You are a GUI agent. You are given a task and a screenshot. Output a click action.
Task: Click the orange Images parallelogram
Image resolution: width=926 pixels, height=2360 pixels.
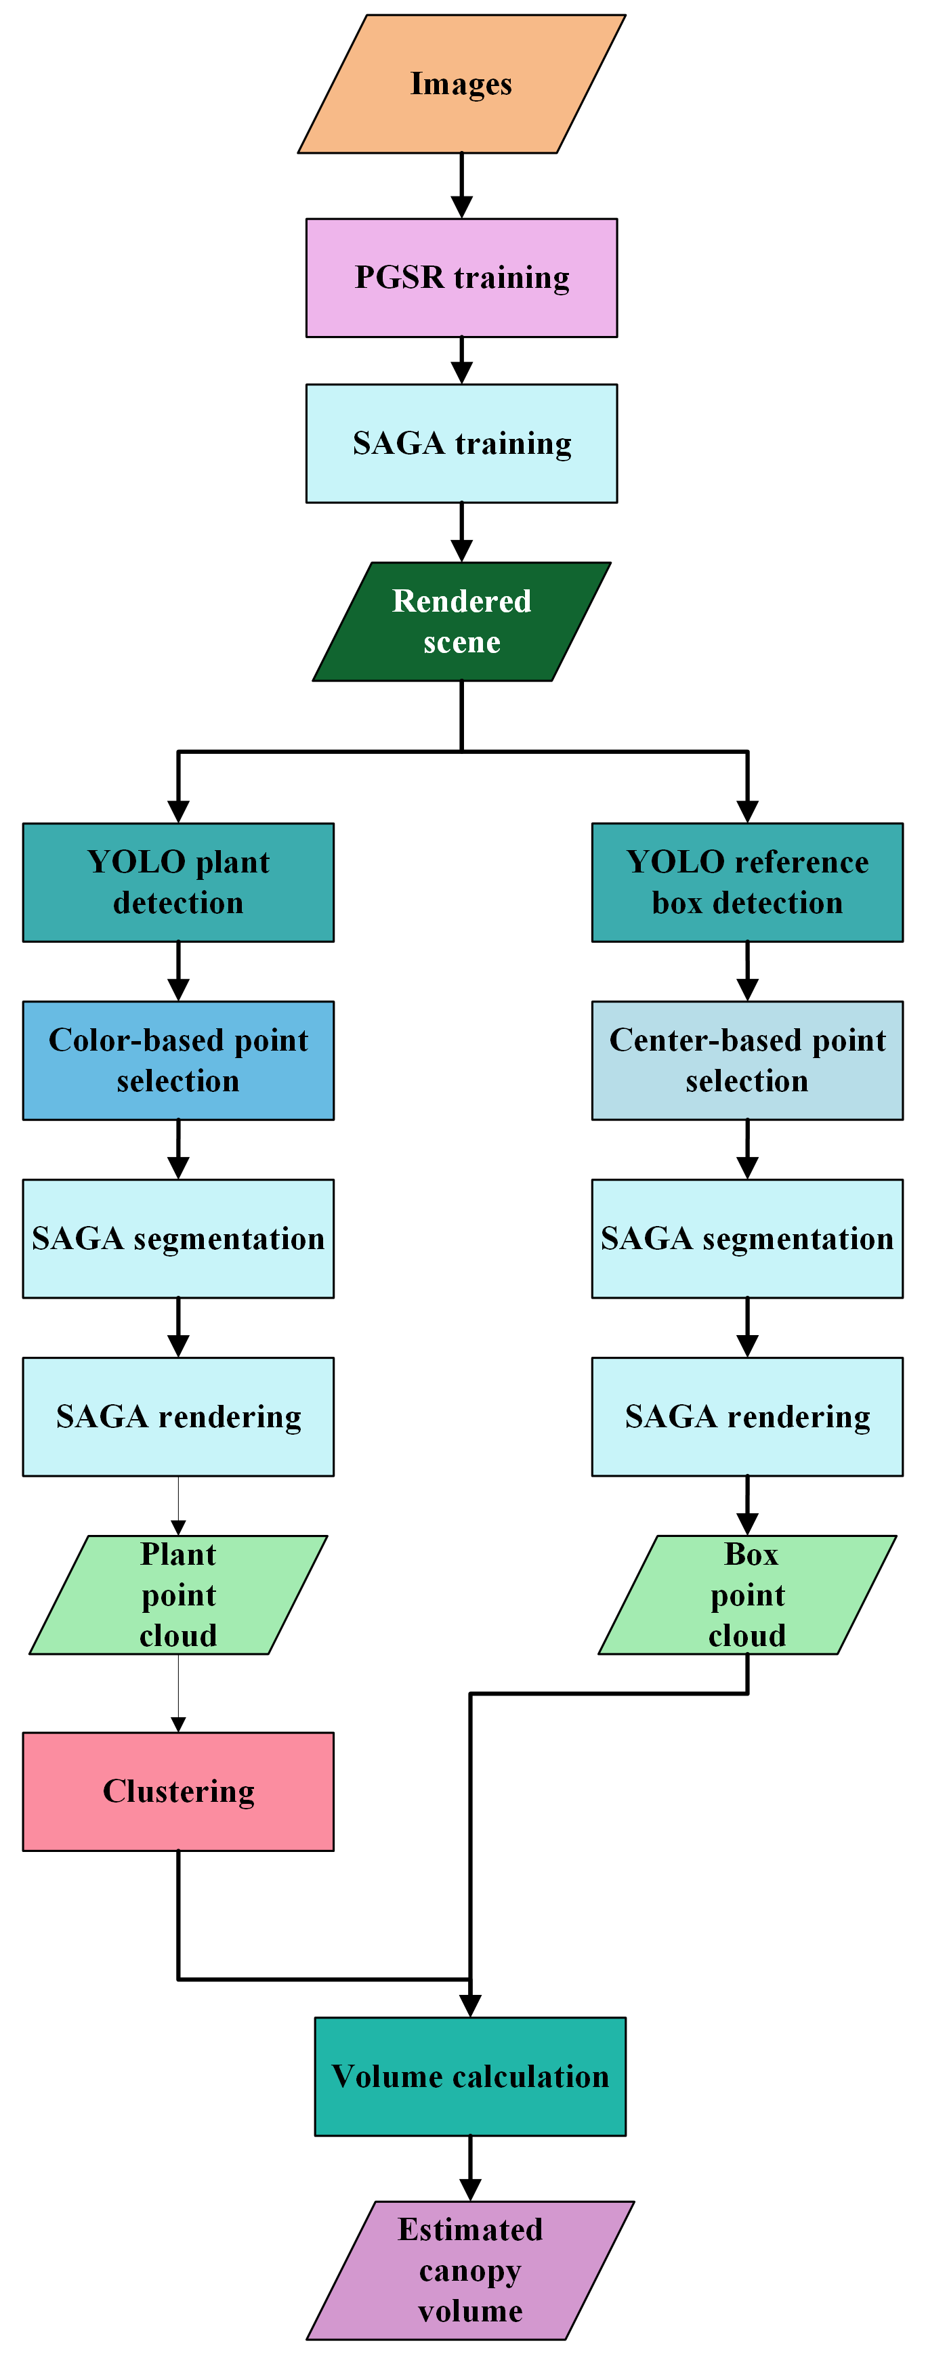tap(461, 84)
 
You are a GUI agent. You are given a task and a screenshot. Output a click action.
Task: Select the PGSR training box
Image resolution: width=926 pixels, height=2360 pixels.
tap(461, 278)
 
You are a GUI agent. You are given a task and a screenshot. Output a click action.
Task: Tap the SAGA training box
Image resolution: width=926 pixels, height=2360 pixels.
tap(461, 444)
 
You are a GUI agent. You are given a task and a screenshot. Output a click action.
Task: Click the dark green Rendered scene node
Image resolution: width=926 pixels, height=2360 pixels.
tap(461, 621)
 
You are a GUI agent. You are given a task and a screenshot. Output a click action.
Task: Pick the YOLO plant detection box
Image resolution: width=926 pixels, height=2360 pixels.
tap(177, 882)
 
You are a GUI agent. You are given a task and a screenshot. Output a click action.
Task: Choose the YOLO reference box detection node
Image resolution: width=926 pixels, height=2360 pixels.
tap(747, 882)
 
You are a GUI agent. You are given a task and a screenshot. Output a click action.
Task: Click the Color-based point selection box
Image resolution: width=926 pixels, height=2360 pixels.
tap(177, 1060)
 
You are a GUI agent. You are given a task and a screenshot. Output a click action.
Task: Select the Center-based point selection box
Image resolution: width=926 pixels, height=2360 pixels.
tap(747, 1060)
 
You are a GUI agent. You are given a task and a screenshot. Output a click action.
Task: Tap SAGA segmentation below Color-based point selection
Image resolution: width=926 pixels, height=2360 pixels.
tap(177, 1239)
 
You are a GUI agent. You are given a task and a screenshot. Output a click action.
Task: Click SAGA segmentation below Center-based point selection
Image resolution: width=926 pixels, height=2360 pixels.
tap(747, 1239)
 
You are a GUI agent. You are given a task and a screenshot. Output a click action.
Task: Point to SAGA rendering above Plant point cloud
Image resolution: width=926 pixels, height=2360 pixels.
tap(177, 1416)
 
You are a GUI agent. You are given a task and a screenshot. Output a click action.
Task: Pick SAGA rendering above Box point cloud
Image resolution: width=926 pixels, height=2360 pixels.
tap(747, 1416)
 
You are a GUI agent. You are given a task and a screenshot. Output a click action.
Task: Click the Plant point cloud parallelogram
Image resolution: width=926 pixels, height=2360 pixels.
tap(177, 1595)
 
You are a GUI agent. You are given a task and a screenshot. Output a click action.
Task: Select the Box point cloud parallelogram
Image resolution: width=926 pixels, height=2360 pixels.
tap(747, 1595)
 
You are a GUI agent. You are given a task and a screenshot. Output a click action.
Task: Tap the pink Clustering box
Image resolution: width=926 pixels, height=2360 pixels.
tap(177, 1791)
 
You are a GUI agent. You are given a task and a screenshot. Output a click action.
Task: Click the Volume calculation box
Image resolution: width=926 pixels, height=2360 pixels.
tap(470, 2076)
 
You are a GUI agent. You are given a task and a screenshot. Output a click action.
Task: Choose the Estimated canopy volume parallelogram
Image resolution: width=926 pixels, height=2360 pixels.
tap(470, 2270)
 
